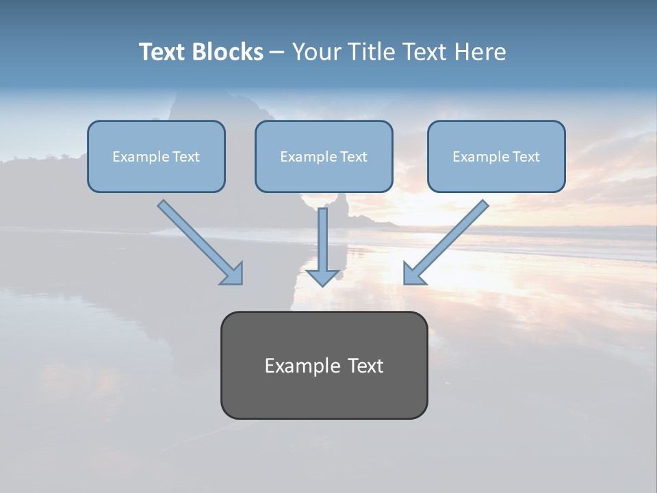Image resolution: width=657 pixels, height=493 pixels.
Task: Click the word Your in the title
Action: [x=317, y=52]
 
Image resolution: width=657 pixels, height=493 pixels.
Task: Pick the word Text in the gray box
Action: [x=366, y=366]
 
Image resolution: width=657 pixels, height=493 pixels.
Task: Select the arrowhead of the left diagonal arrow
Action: [x=232, y=273]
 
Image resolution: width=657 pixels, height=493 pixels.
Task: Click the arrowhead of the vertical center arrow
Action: [x=322, y=277]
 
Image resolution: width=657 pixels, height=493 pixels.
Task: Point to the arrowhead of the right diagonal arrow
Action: [x=414, y=273]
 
